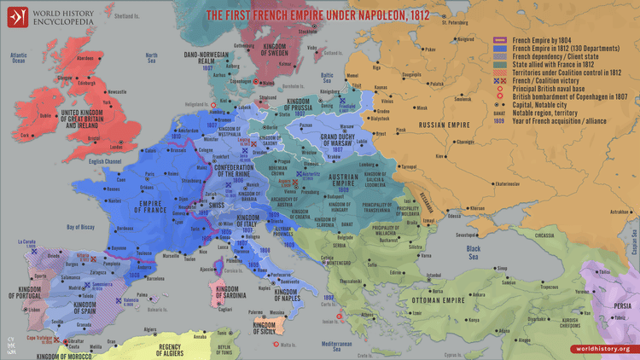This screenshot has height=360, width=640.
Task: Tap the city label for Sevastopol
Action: tap(468, 234)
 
